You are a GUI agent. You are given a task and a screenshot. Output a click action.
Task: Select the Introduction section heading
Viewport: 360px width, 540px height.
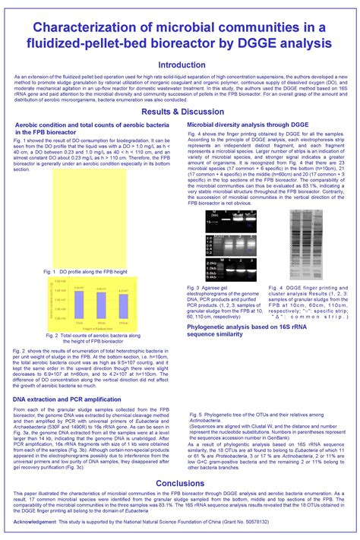tap(180, 65)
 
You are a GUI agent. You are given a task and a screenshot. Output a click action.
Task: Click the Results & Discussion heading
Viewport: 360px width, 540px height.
tap(180, 112)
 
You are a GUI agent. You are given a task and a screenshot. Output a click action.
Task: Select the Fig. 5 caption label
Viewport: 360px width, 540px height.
tap(197, 415)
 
